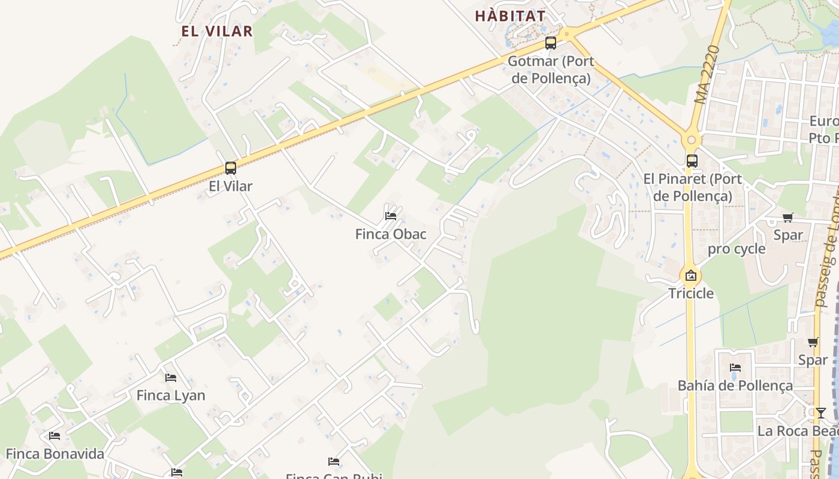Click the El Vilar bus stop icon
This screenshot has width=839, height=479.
231,168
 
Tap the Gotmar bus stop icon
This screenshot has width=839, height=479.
550,43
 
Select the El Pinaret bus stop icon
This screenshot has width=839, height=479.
692,160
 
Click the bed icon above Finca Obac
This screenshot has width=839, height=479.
391,216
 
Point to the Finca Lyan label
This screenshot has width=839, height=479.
171,395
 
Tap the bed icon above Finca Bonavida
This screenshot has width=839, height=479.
55,436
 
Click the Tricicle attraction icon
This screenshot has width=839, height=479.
691,276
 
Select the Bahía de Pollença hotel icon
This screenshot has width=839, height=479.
735,368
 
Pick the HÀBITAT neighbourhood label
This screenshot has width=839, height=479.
510,16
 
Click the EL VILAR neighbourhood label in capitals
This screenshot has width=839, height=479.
217,31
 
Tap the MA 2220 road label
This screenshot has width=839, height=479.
707,74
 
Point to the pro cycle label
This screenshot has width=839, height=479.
737,249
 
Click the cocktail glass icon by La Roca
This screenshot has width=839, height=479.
820,413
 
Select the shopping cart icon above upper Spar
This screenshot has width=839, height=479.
787,218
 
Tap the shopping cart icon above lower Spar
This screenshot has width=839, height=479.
813,342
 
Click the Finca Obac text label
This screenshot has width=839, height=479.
391,234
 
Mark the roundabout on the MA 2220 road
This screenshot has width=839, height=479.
691,140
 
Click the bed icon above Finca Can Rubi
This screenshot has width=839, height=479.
334,462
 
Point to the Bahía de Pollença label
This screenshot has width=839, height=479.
735,386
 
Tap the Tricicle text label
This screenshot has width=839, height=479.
691,293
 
